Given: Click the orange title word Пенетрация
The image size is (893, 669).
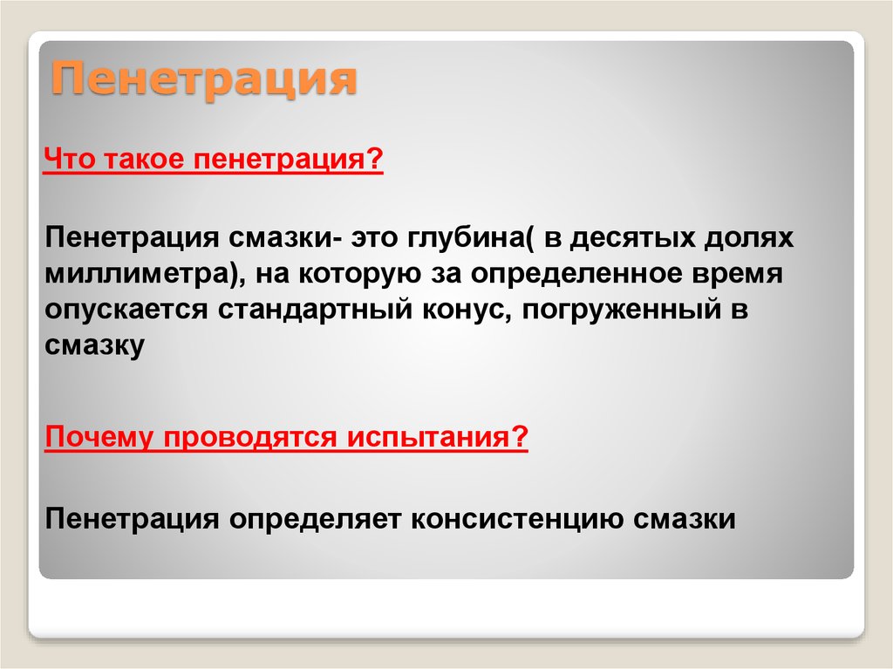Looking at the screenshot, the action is tap(204, 79).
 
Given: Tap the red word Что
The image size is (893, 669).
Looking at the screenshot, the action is tap(69, 159).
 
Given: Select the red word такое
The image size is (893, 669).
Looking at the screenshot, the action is tap(144, 159).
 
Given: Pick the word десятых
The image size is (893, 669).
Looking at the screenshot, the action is tap(633, 237).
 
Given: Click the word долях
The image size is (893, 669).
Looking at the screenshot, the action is tap(749, 238).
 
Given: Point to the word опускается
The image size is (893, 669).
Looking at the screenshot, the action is tap(126, 311).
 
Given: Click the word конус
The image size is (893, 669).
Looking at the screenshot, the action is tap(466, 311).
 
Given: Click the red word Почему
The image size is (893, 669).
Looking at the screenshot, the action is tap(99, 438).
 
